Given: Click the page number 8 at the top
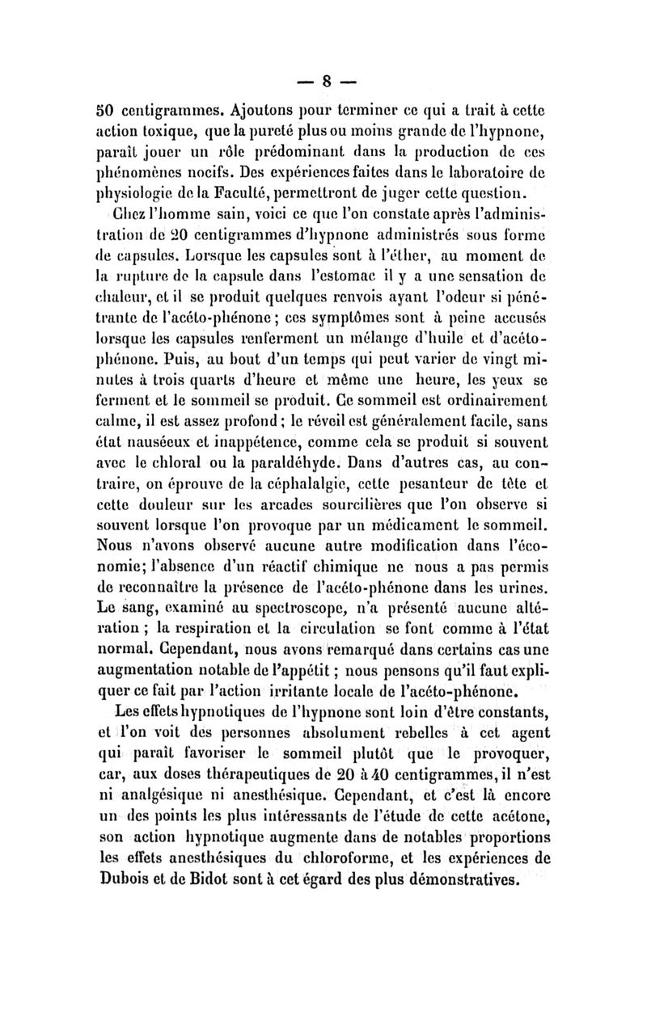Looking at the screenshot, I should tap(328, 82).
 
